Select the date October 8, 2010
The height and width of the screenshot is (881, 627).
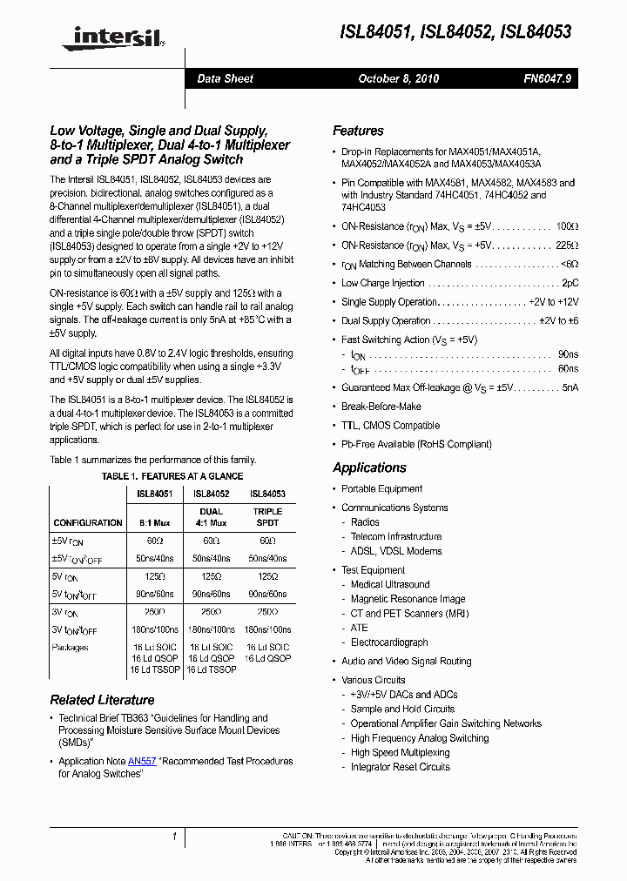(399, 78)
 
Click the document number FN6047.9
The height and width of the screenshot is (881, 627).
(548, 78)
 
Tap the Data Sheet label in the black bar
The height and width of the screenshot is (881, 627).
(225, 78)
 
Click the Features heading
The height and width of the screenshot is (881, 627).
(358, 131)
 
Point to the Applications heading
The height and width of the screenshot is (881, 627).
(369, 467)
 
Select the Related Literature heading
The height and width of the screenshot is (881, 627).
(102, 700)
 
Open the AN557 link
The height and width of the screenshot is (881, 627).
(142, 761)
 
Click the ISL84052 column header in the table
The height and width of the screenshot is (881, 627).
(211, 494)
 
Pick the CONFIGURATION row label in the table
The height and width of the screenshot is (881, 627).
(88, 523)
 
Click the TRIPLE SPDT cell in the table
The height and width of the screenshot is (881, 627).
(267, 517)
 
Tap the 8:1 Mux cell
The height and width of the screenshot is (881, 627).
(154, 523)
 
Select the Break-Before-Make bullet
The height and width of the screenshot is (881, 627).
(381, 407)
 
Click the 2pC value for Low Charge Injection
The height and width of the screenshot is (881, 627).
(570, 283)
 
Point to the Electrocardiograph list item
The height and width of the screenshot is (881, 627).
(389, 642)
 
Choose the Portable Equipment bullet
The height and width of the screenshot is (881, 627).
(381, 489)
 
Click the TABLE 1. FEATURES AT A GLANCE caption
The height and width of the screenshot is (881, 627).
(172, 476)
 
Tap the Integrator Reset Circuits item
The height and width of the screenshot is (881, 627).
(400, 767)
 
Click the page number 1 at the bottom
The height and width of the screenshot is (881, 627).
(175, 837)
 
